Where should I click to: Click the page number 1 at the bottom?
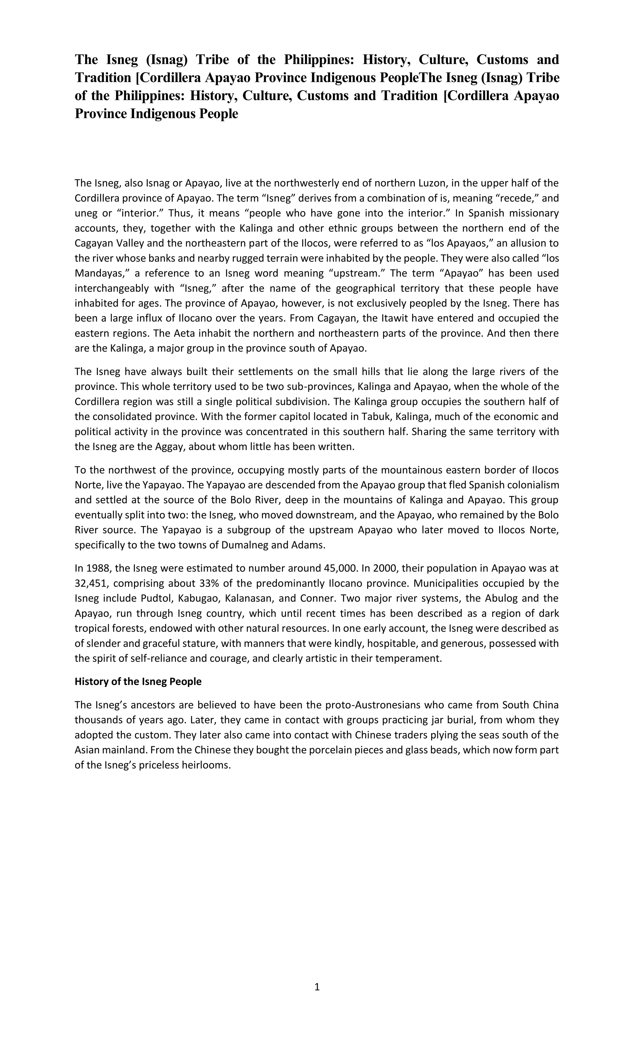(317, 987)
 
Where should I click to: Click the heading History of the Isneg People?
(138, 681)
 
